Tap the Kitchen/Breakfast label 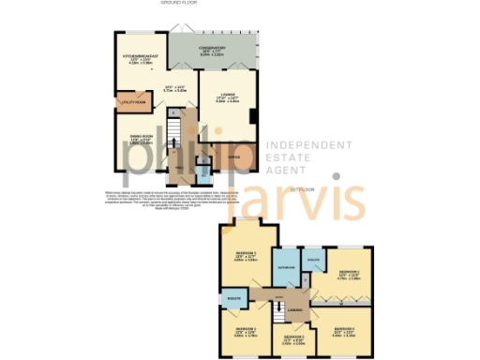[x=138, y=59]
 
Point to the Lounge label [x=227, y=95]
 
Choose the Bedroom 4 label [x=346, y=329]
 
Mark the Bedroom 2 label [x=246, y=329]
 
